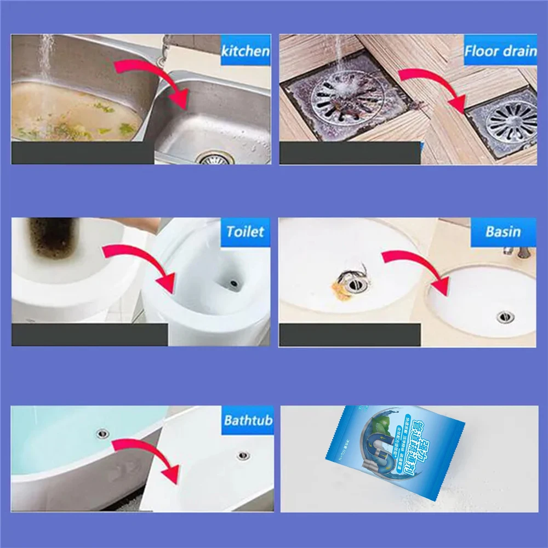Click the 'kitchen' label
245,51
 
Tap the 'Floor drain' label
500,51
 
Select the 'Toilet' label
245,231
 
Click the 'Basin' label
503,231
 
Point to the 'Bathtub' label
248,421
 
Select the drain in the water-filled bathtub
102,433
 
